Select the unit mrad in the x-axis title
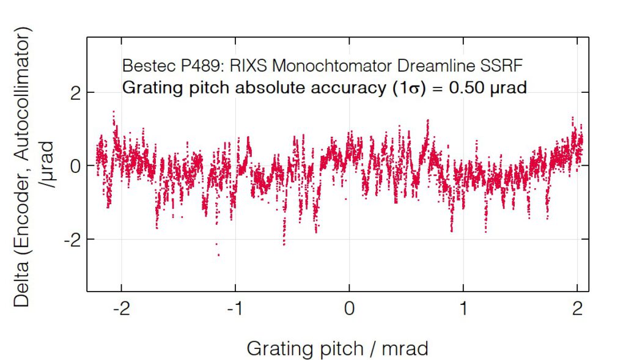click(x=404, y=348)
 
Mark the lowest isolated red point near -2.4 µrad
click(x=218, y=255)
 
